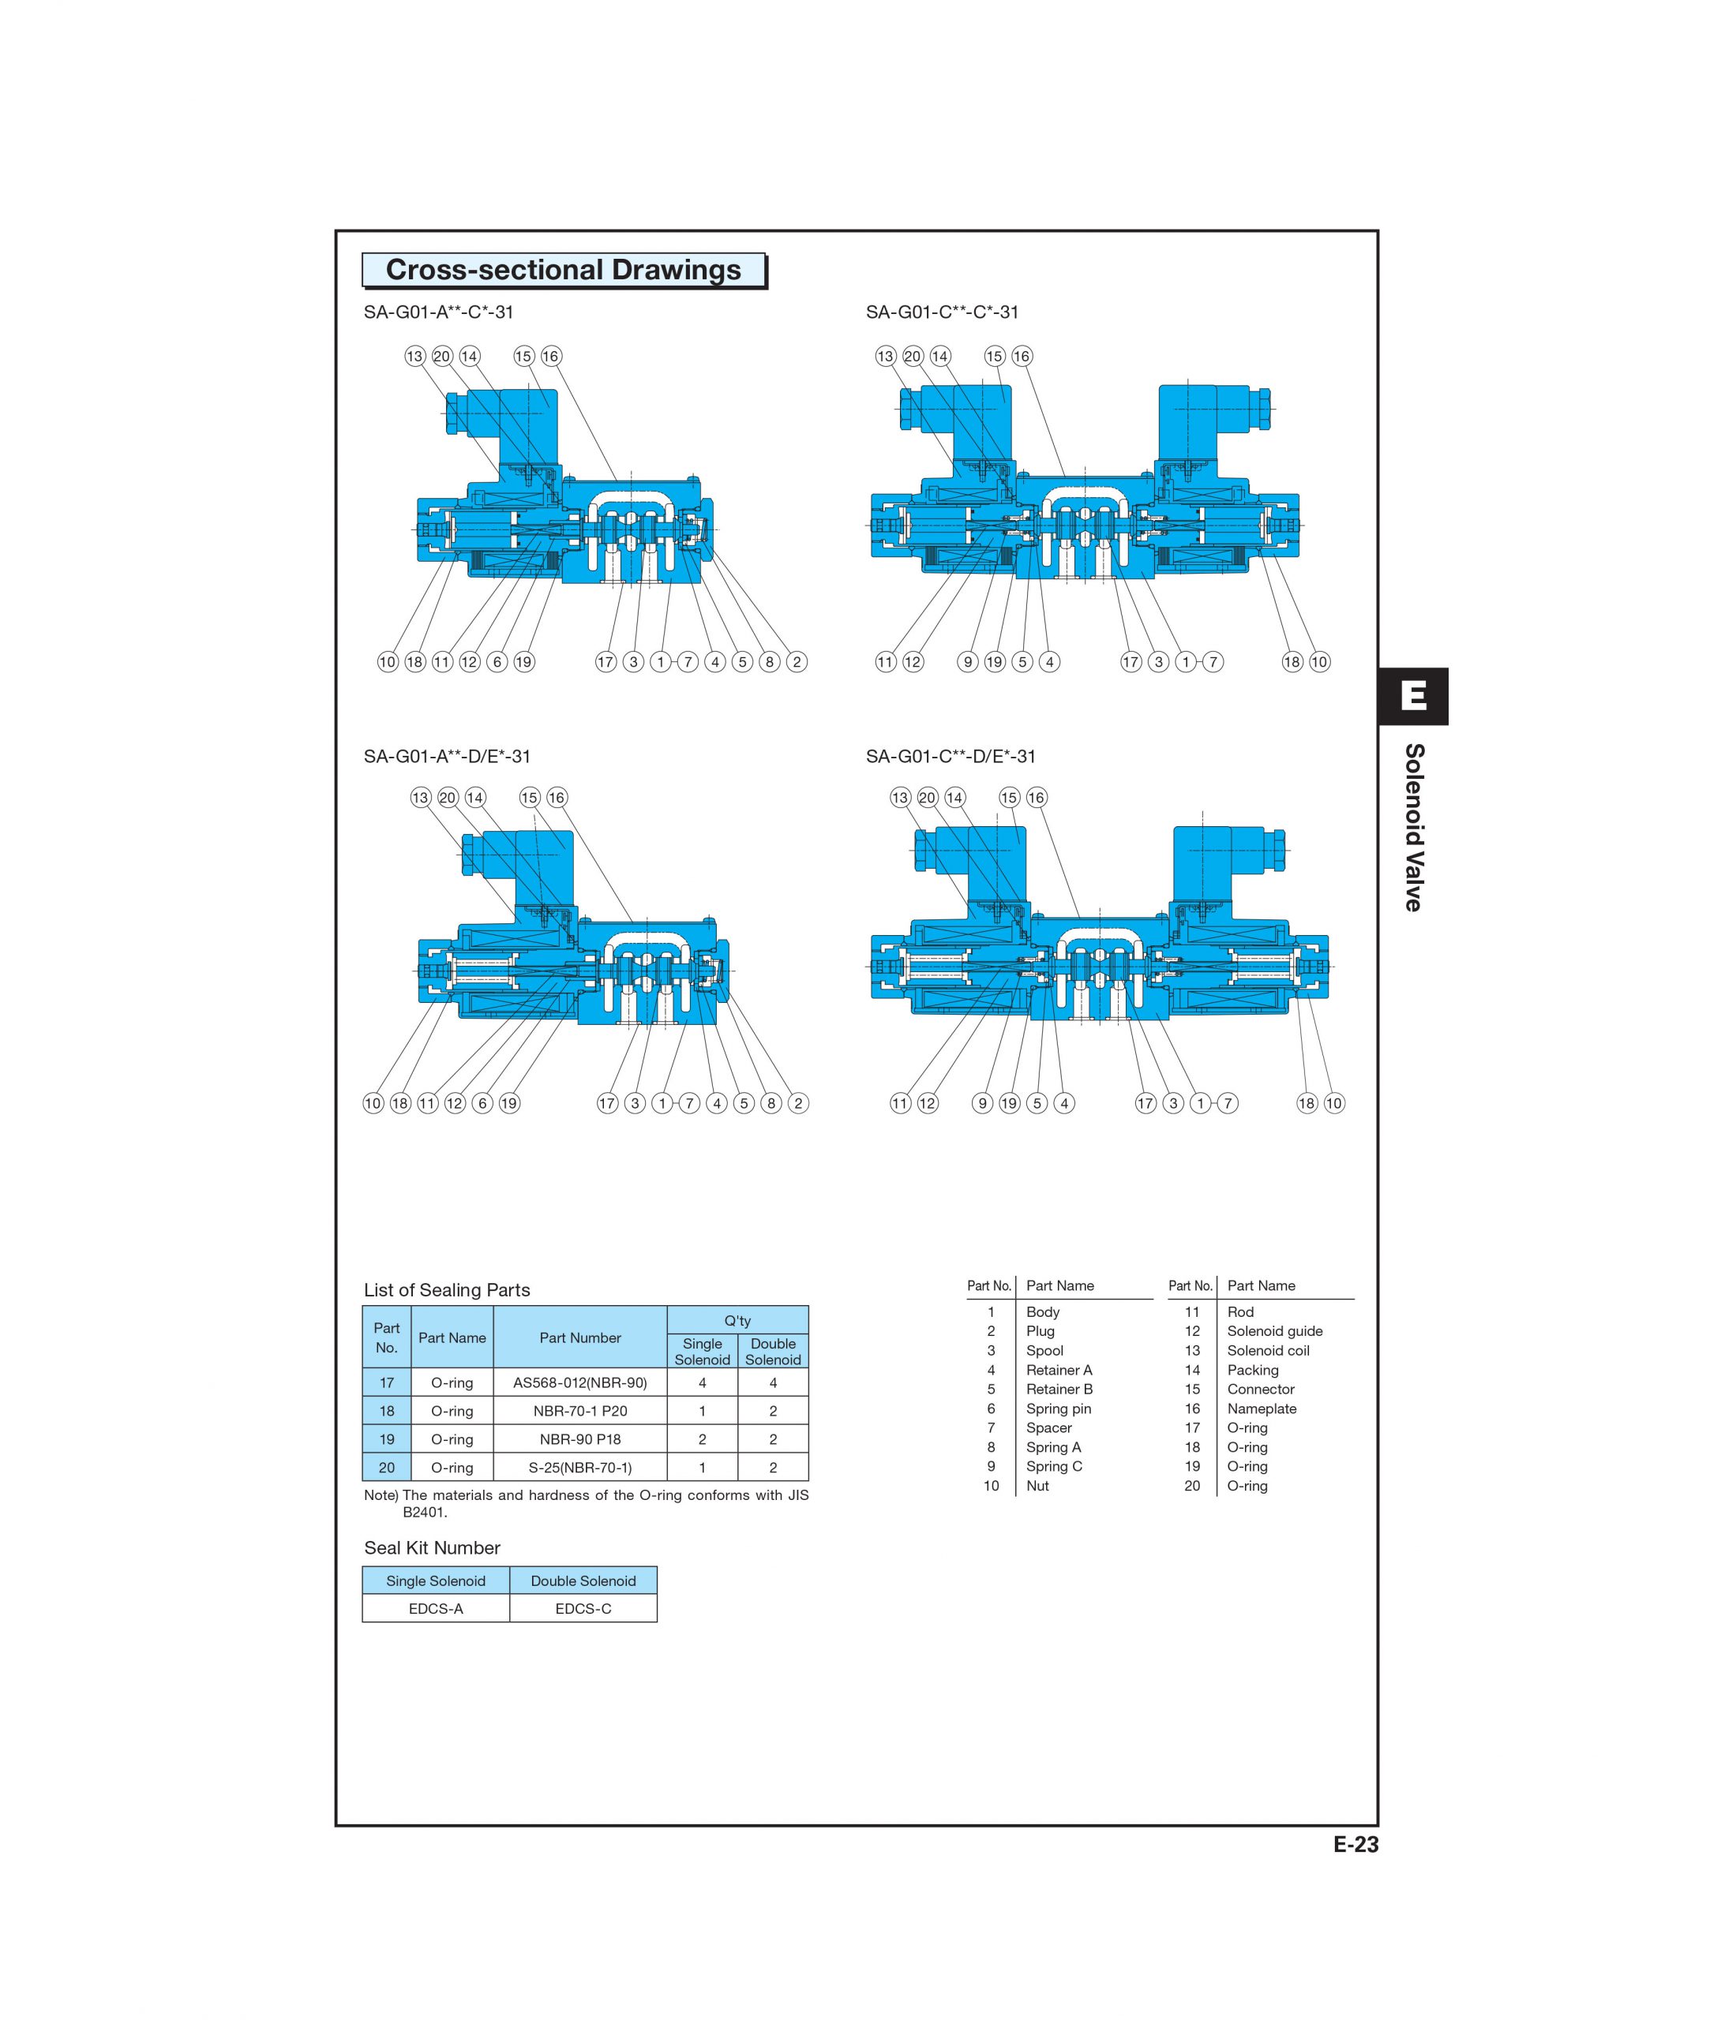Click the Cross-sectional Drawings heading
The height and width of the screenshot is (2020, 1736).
tap(563, 270)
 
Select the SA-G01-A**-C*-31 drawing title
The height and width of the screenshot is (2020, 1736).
tap(438, 312)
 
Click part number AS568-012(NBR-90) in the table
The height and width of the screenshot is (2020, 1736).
tap(579, 1382)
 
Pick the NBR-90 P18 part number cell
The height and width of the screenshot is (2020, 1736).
tap(579, 1439)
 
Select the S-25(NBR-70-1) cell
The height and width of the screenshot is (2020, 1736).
tap(579, 1467)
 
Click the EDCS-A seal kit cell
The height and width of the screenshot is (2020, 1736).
tap(435, 1609)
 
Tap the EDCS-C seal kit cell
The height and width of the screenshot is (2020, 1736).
tap(583, 1609)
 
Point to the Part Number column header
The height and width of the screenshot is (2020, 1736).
tap(579, 1337)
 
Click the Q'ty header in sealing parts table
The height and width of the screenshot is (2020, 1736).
tap(737, 1320)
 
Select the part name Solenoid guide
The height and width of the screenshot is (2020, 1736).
tap(1273, 1330)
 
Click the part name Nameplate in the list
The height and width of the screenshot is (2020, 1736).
tap(1261, 1408)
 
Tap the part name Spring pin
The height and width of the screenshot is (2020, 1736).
tap(1058, 1408)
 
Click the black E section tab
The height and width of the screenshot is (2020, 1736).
tap(1412, 696)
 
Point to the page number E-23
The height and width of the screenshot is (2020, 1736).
tap(1355, 1845)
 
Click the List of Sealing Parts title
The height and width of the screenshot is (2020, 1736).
tap(447, 1290)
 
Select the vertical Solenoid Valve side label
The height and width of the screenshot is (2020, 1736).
tap(1413, 827)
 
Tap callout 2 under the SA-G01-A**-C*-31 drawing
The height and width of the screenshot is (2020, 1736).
tap(797, 662)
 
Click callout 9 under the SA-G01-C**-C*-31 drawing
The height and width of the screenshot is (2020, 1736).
tap(968, 662)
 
